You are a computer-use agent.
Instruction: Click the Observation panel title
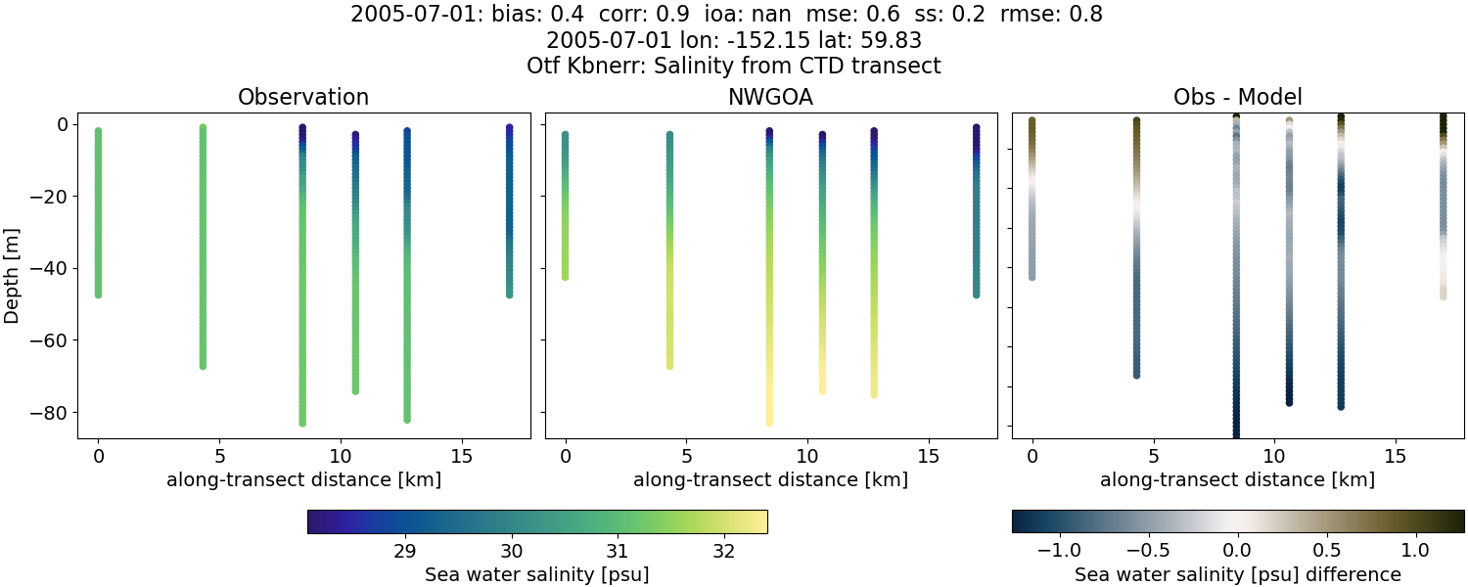pyautogui.click(x=303, y=98)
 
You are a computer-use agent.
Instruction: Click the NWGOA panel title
pyautogui.click(x=770, y=98)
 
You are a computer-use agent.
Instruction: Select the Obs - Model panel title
pyautogui.click(x=1237, y=98)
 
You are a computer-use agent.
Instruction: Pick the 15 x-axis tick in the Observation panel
pyautogui.click(x=461, y=456)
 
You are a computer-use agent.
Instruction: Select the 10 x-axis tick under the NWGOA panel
pyautogui.click(x=807, y=456)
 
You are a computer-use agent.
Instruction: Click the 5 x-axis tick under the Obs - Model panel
pyautogui.click(x=1153, y=456)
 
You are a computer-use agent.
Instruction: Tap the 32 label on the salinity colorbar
pyautogui.click(x=723, y=550)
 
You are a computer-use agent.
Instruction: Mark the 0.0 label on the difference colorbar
pyautogui.click(x=1238, y=550)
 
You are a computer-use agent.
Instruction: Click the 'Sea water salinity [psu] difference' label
pyautogui.click(x=1237, y=574)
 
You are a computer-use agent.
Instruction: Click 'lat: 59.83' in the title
pyautogui.click(x=869, y=41)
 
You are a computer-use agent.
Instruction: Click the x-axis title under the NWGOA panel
pyautogui.click(x=770, y=480)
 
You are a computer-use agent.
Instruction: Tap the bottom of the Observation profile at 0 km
pyautogui.click(x=98, y=293)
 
